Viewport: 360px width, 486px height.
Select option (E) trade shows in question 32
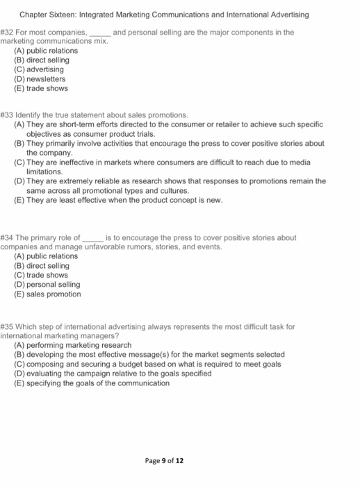pos(41,88)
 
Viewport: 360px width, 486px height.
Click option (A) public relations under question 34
pos(46,256)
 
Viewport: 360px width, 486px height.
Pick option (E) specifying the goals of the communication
pos(91,383)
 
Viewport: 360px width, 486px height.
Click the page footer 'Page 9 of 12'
pos(165,460)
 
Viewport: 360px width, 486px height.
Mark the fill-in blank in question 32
pos(100,33)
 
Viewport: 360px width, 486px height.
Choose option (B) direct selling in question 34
pos(42,266)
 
